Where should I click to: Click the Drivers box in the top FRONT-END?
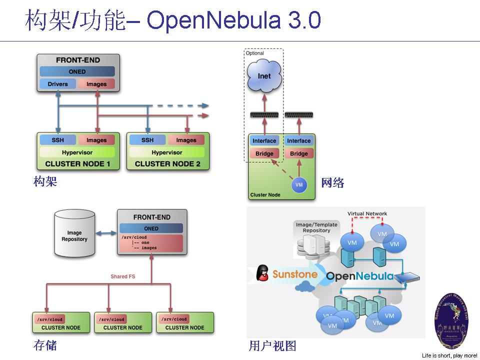tap(57, 84)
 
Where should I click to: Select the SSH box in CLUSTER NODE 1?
tap(57, 140)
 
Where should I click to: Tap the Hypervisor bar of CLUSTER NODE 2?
tap(167, 152)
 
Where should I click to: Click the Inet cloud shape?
tap(264, 76)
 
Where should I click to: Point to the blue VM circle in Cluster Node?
tap(299, 184)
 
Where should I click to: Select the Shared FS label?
tap(123, 276)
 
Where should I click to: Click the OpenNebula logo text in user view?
tap(359, 276)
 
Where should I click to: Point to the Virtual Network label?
tap(367, 214)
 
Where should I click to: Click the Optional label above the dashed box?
tap(254, 53)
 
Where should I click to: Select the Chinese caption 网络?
tap(332, 182)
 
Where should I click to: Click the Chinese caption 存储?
tap(45, 345)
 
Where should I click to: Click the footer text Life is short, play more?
tap(449, 355)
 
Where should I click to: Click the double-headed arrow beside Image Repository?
tap(105, 233)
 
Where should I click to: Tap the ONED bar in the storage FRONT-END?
tap(151, 228)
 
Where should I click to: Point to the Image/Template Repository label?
tap(316, 227)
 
